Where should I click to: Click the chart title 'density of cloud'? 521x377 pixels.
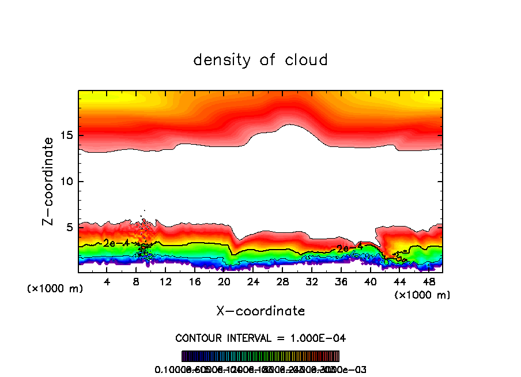[x=260, y=60]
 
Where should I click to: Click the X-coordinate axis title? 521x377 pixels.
[x=260, y=311]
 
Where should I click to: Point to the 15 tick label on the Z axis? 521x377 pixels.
[x=65, y=135]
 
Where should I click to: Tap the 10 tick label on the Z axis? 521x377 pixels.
[x=65, y=182]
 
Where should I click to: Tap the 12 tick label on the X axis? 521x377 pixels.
[x=165, y=282]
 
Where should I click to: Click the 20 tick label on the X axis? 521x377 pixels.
[x=224, y=282]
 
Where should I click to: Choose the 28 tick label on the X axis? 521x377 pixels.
[x=282, y=282]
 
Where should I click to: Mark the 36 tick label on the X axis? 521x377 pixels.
[x=341, y=282]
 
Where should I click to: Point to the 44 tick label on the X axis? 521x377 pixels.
[x=399, y=282]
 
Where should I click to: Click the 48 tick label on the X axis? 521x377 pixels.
[x=428, y=282]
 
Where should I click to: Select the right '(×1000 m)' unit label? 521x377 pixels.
[x=422, y=295]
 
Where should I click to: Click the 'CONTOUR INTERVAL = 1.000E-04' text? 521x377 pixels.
[x=260, y=338]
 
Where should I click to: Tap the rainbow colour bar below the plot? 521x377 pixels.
[x=260, y=356]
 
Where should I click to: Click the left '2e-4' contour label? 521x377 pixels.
[x=112, y=243]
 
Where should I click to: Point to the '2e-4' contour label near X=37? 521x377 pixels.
[x=349, y=248]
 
